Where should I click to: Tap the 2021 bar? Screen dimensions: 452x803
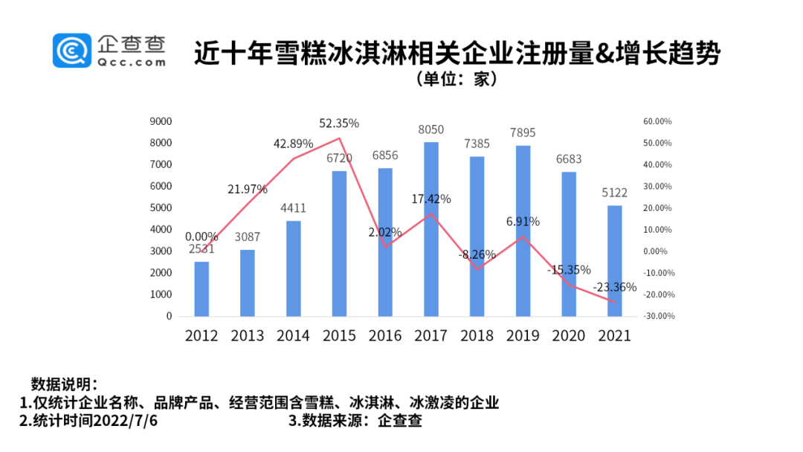(614, 260)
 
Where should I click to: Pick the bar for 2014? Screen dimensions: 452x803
(293, 268)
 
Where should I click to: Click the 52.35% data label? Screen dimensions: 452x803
(338, 123)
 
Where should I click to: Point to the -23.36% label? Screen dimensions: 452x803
(614, 287)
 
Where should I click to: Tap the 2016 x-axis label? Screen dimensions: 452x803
(385, 335)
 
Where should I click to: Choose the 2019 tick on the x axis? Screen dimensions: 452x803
(523, 335)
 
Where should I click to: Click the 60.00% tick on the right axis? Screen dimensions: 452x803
(658, 121)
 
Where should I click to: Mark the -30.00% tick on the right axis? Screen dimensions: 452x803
(658, 316)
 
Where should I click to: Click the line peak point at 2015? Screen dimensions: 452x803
(339, 138)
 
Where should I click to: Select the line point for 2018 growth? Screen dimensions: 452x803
(477, 269)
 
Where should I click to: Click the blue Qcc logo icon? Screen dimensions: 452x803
(71, 51)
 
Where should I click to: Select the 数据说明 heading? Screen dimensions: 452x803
(64, 384)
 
